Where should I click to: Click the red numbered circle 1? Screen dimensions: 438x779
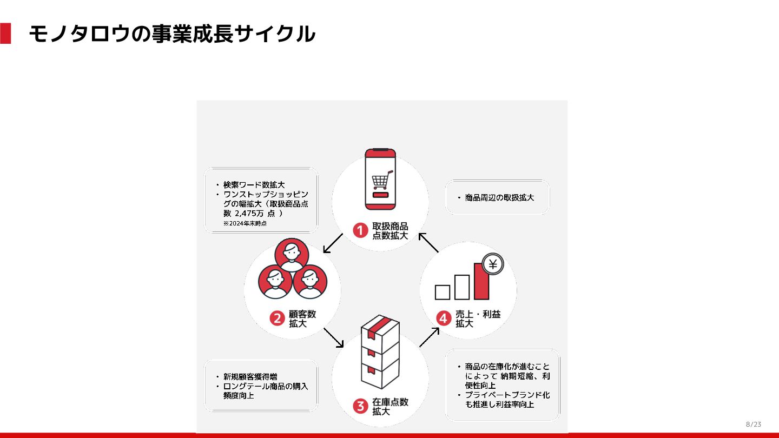pos(361,231)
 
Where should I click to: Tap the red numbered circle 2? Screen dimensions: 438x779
pos(277,318)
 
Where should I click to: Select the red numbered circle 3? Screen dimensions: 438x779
pos(361,406)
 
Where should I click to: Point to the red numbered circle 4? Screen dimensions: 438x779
pos(444,318)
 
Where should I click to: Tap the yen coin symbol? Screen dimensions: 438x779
pos(492,264)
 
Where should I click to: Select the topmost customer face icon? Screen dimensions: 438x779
pos(292,255)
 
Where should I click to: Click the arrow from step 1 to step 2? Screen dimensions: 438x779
pos(333,243)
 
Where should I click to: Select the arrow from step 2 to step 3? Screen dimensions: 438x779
pos(333,337)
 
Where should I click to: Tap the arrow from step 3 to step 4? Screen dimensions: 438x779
pos(429,337)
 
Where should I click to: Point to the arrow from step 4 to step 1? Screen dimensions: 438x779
pos(428,243)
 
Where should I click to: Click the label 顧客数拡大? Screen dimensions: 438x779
pos(302,318)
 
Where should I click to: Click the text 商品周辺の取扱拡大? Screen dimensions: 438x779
pos(499,198)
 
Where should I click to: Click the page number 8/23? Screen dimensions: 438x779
pos(753,424)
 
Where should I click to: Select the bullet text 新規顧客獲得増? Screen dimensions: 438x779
pos(250,376)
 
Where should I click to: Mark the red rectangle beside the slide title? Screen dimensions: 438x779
pos(5,34)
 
